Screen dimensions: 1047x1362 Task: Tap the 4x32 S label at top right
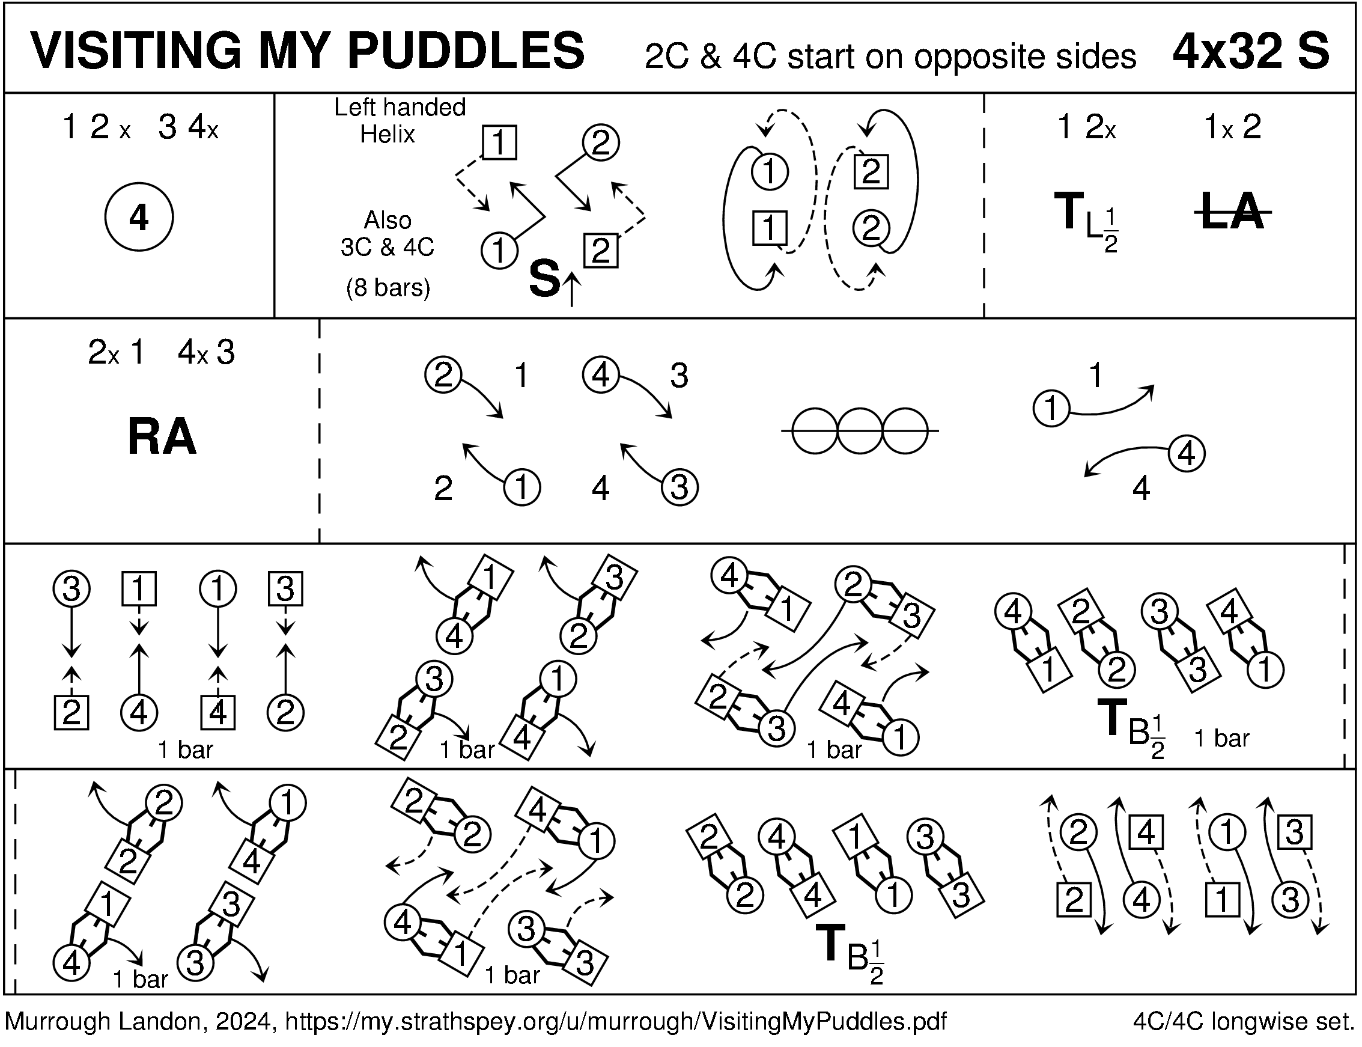pos(1250,51)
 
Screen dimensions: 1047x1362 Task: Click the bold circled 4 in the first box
pos(138,218)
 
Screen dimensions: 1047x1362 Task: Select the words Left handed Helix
pos(399,121)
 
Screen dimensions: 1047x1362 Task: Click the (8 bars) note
pos(388,287)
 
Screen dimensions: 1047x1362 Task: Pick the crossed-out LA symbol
pos(1232,213)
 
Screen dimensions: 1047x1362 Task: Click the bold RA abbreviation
pos(162,438)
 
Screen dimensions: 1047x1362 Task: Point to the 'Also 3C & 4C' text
pos(387,234)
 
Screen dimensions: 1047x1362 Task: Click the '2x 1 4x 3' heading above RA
pos(162,353)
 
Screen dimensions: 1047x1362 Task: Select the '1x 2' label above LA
pos(1232,128)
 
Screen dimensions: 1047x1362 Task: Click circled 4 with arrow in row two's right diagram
pos(1186,454)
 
